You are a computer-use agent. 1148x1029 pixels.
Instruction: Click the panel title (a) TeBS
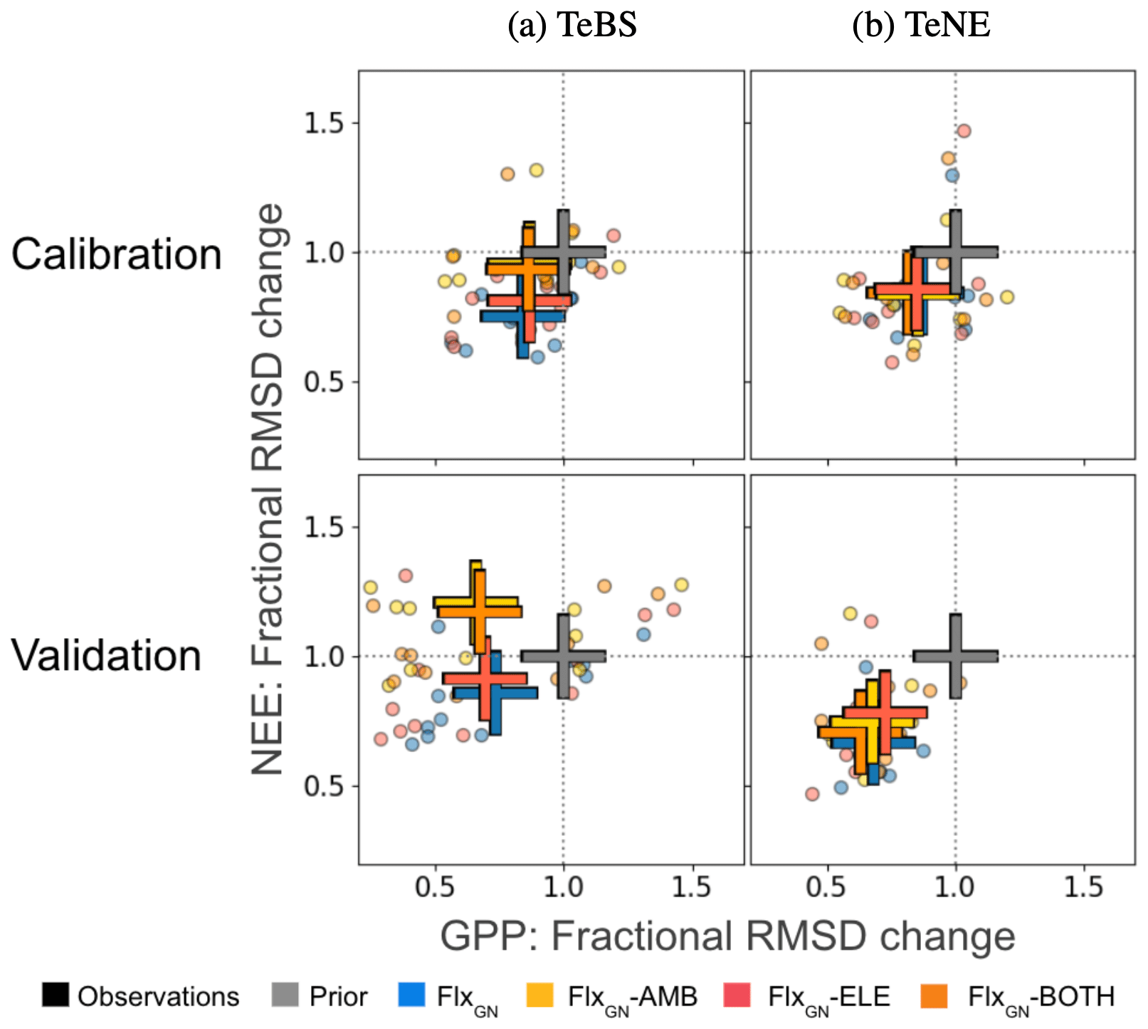pos(572,26)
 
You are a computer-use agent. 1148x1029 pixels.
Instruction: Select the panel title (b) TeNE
pos(921,26)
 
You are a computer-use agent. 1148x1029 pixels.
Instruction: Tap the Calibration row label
pos(117,254)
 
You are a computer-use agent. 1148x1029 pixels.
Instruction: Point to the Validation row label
pos(107,655)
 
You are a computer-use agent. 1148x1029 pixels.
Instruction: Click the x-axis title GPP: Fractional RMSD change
pos(727,936)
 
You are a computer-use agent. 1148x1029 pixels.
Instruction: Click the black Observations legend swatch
pos(56,995)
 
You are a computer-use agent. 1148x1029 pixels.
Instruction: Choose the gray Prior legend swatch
pos(285,995)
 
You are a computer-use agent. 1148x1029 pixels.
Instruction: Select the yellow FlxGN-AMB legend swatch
pos(540,995)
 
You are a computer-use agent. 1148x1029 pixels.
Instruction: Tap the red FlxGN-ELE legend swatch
pos(737,995)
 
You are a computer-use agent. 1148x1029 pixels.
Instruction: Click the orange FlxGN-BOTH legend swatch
pos(934,995)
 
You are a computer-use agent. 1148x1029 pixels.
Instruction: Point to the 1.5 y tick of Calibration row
pos(323,123)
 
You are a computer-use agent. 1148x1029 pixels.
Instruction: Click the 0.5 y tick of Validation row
pos(323,786)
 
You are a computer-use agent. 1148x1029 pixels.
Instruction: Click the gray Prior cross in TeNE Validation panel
pos(955,656)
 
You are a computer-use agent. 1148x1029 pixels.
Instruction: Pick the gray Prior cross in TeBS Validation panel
pos(563,656)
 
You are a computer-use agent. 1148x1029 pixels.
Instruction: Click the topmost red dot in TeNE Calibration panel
pos(964,130)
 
